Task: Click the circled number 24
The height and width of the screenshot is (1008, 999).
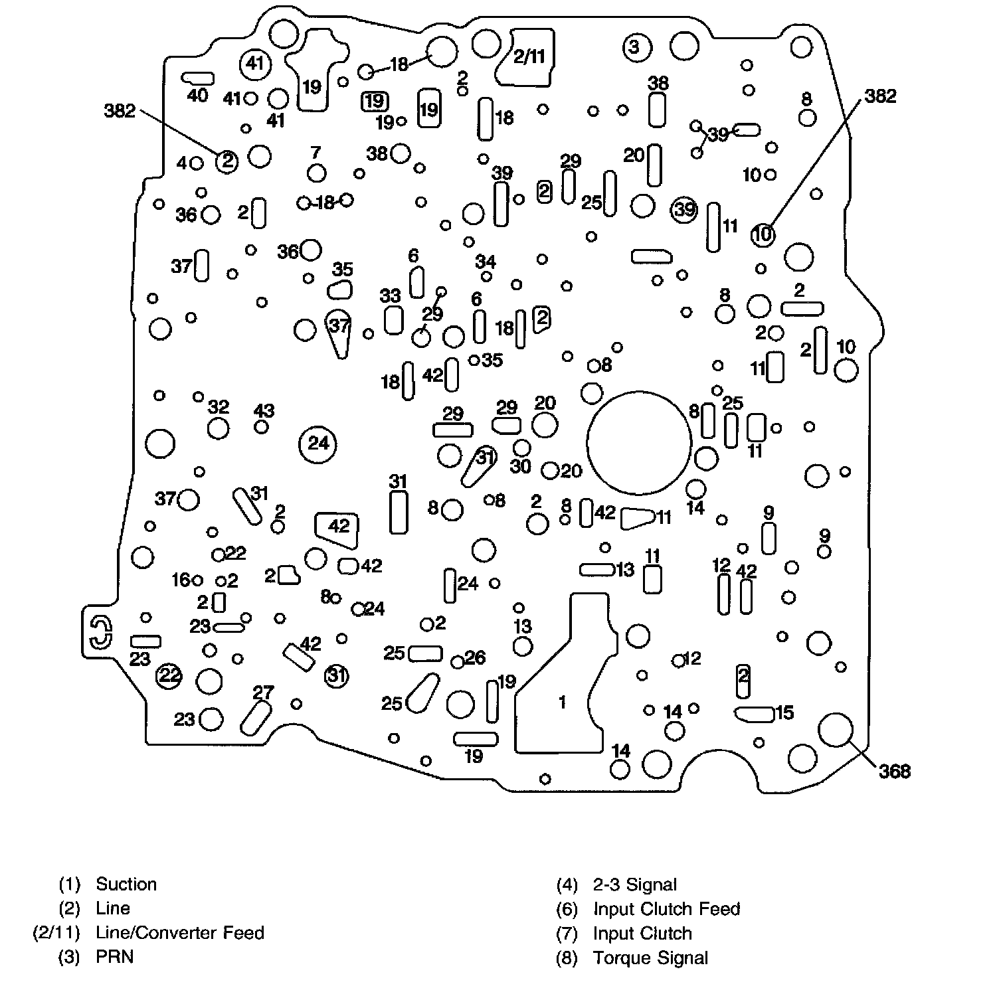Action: point(318,444)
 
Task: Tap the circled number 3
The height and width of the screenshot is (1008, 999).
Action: point(634,47)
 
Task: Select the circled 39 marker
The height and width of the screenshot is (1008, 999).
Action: point(683,209)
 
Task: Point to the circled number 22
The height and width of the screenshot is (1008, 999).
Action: point(169,676)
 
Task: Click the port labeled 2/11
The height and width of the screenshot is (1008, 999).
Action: point(529,57)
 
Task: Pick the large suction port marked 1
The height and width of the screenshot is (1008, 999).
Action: point(562,701)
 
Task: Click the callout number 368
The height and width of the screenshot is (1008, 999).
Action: point(894,772)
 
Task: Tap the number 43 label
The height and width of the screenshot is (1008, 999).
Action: point(264,411)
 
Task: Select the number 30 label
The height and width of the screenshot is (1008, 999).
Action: point(520,466)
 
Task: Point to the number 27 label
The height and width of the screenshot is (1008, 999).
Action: point(263,693)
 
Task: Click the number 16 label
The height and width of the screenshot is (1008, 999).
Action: point(181,580)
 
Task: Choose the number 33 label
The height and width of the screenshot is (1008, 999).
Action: point(391,296)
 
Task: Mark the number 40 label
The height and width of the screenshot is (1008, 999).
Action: point(197,96)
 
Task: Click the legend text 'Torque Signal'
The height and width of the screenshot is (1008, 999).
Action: point(650,958)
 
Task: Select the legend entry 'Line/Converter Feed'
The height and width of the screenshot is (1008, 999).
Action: point(179,933)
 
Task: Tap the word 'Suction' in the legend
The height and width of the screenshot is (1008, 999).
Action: point(126,884)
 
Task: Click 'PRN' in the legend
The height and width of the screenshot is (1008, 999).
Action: point(115,957)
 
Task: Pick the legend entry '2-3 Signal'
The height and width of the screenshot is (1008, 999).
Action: point(634,885)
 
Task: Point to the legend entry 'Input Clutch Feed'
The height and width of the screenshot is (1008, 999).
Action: point(666,909)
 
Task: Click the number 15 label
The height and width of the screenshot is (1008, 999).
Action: point(784,713)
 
